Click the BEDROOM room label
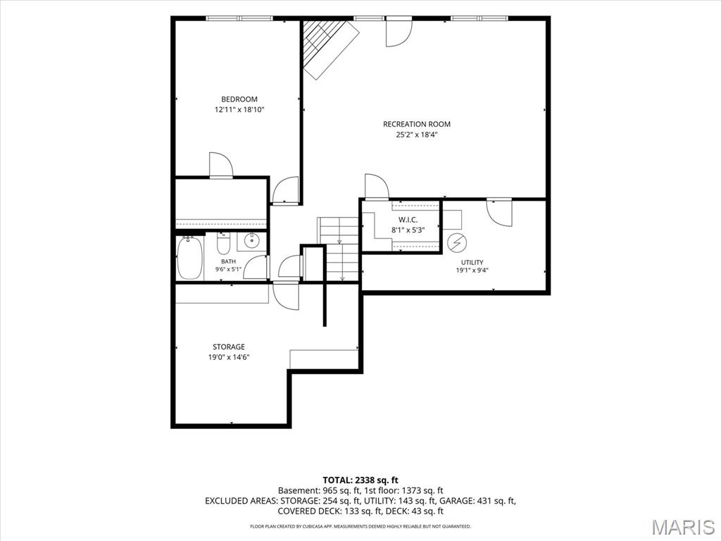[x=239, y=99]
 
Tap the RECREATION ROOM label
[x=417, y=124]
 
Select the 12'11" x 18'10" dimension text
[x=239, y=110]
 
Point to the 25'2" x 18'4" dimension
[x=417, y=135]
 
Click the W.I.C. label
[x=408, y=220]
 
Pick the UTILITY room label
[x=472, y=262]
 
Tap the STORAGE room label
[x=229, y=347]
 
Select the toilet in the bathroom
[x=223, y=244]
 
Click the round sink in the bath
[x=251, y=240]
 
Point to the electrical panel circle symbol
[x=457, y=243]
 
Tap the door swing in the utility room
[x=499, y=213]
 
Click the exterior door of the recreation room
[x=399, y=33]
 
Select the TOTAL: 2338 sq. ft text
[x=360, y=480]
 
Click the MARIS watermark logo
[x=683, y=527]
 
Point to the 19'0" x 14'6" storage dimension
[x=229, y=357]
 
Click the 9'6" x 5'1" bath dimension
[x=228, y=270]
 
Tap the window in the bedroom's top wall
[x=239, y=18]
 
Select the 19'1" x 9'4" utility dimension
[x=472, y=270]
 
